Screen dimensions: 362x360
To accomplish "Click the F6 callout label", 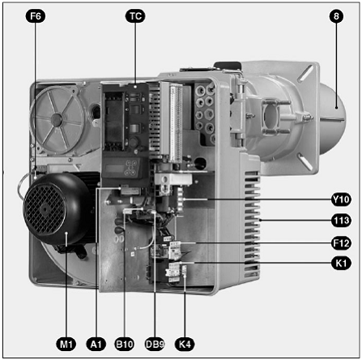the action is tap(36, 16).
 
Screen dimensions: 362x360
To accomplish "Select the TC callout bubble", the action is tap(135, 16).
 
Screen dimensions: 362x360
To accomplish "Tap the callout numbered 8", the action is tap(336, 16).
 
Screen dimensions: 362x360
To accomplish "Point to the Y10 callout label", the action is tap(341, 199).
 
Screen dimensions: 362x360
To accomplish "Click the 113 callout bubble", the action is tap(341, 221).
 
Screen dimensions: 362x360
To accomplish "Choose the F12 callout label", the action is tap(341, 243).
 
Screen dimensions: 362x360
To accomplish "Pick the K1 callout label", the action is tap(341, 263).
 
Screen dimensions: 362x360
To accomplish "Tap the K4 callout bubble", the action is tap(185, 344).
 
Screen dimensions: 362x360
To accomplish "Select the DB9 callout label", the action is tap(155, 344).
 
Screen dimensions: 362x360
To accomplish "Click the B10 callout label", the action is tap(125, 344).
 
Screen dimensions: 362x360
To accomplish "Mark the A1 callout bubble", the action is tap(96, 344).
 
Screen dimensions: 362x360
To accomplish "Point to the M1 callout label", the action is tap(66, 344).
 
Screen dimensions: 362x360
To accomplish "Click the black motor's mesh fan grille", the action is tap(45, 209).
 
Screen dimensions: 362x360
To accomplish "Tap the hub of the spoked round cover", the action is tap(57, 120).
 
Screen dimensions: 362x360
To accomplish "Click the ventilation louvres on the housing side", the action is tap(252, 225).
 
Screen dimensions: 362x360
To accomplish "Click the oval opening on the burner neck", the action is tap(271, 116).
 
